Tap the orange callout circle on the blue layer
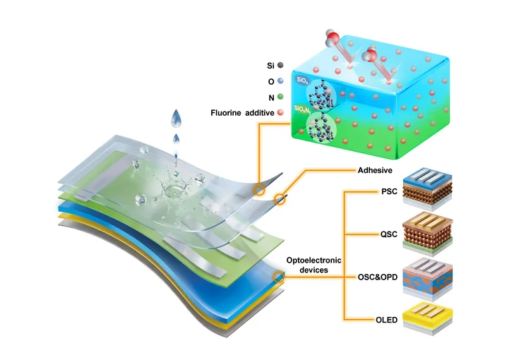(280, 276)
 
